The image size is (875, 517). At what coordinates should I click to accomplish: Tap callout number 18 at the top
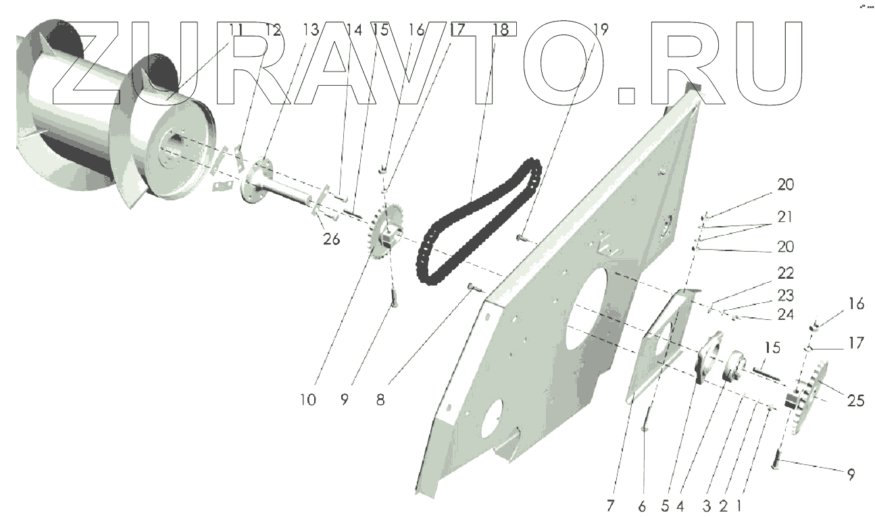point(501,30)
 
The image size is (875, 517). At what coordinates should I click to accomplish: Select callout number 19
point(600,30)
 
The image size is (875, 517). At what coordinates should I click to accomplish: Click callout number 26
point(331,240)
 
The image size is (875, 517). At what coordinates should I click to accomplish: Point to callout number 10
point(307,400)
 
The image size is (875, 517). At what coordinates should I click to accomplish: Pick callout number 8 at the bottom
point(380,400)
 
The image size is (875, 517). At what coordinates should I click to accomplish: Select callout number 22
point(785,273)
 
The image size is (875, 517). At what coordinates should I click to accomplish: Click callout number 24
point(785,315)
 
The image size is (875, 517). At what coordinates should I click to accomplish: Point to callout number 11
point(236,30)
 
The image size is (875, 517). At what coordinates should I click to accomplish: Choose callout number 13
point(310,30)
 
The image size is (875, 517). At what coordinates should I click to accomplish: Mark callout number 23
point(785,295)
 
